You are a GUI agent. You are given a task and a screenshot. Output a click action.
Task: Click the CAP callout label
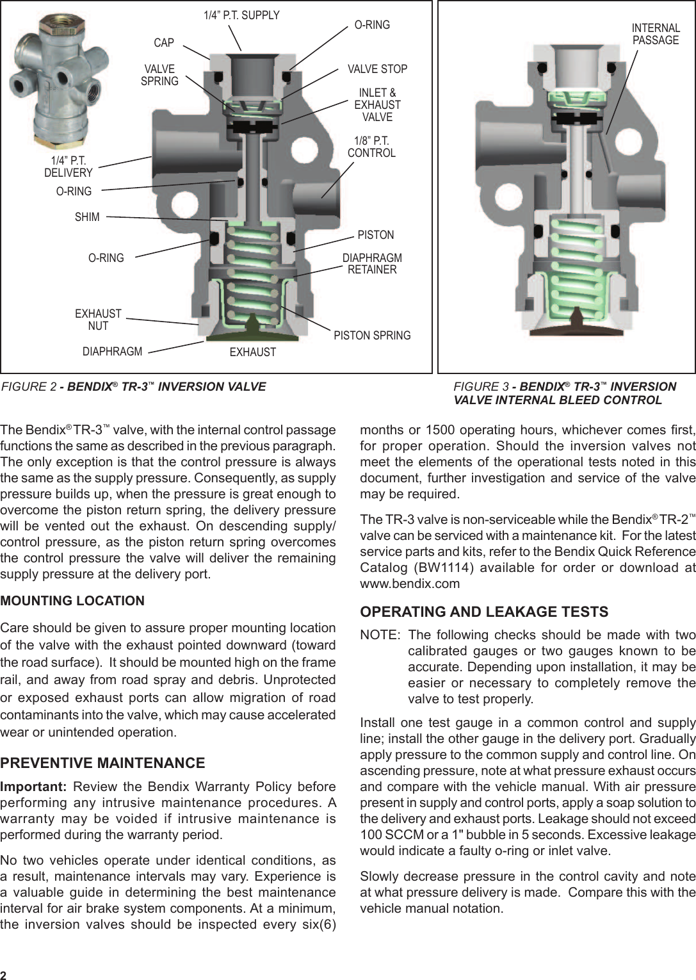pyautogui.click(x=164, y=43)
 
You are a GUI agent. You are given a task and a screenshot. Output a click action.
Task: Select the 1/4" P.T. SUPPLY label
pyautogui.click(x=241, y=15)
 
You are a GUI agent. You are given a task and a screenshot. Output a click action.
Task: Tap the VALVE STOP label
pyautogui.click(x=377, y=69)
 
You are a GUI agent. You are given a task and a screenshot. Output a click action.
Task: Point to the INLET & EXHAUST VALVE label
pyautogui.click(x=377, y=105)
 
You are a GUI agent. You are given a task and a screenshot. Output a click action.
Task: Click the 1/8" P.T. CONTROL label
pyautogui.click(x=371, y=147)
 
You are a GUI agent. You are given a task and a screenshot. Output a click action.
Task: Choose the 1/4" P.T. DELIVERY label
pyautogui.click(x=69, y=167)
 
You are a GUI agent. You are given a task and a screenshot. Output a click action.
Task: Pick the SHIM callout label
pyautogui.click(x=87, y=217)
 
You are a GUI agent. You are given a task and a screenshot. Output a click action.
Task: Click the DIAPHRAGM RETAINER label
pyautogui.click(x=372, y=264)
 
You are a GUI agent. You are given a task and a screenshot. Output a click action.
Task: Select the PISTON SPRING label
pyautogui.click(x=372, y=336)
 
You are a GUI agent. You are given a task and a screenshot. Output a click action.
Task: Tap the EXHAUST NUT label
pyautogui.click(x=98, y=320)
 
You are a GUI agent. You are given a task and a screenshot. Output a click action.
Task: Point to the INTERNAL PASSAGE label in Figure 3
pyautogui.click(x=656, y=35)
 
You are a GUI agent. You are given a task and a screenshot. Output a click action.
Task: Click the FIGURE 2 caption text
pyautogui.click(x=134, y=387)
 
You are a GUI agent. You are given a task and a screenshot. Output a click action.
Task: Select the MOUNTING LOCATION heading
pyautogui.click(x=72, y=601)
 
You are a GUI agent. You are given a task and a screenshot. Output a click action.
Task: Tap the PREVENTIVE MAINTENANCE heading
pyautogui.click(x=102, y=763)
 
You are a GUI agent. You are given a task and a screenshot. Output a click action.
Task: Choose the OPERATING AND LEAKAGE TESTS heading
pyautogui.click(x=484, y=612)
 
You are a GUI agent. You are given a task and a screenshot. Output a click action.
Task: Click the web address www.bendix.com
pyautogui.click(x=410, y=584)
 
